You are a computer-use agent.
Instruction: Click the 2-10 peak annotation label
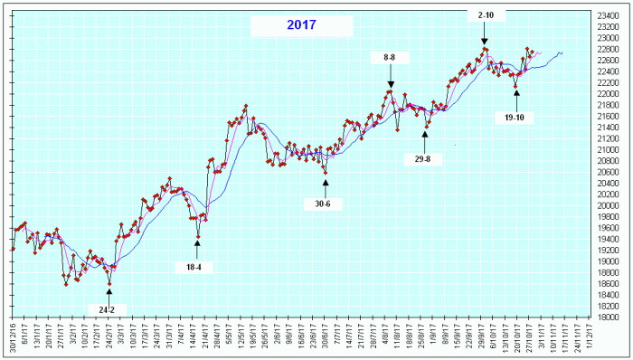[x=485, y=14]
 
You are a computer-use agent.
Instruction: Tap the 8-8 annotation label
[x=391, y=57]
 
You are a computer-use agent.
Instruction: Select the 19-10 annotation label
[x=515, y=118]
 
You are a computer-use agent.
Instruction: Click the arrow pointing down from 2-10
[x=485, y=34]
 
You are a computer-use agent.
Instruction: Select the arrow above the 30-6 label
[x=326, y=185]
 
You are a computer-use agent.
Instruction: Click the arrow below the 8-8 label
[x=391, y=77]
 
